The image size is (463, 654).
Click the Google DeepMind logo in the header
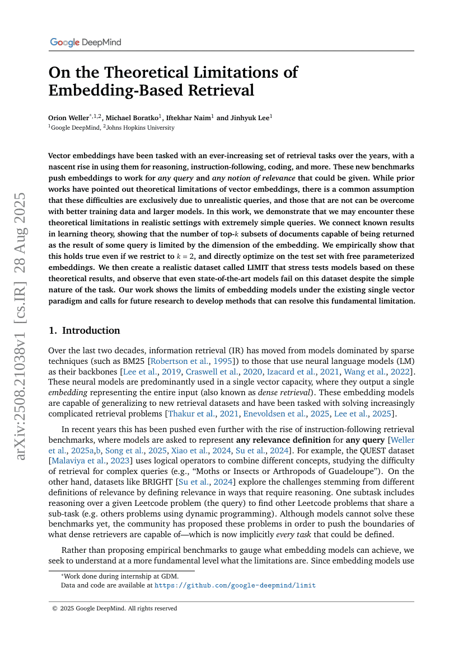[85, 42]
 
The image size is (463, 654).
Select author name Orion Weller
[69, 117]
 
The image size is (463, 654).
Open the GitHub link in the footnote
[235, 585]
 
